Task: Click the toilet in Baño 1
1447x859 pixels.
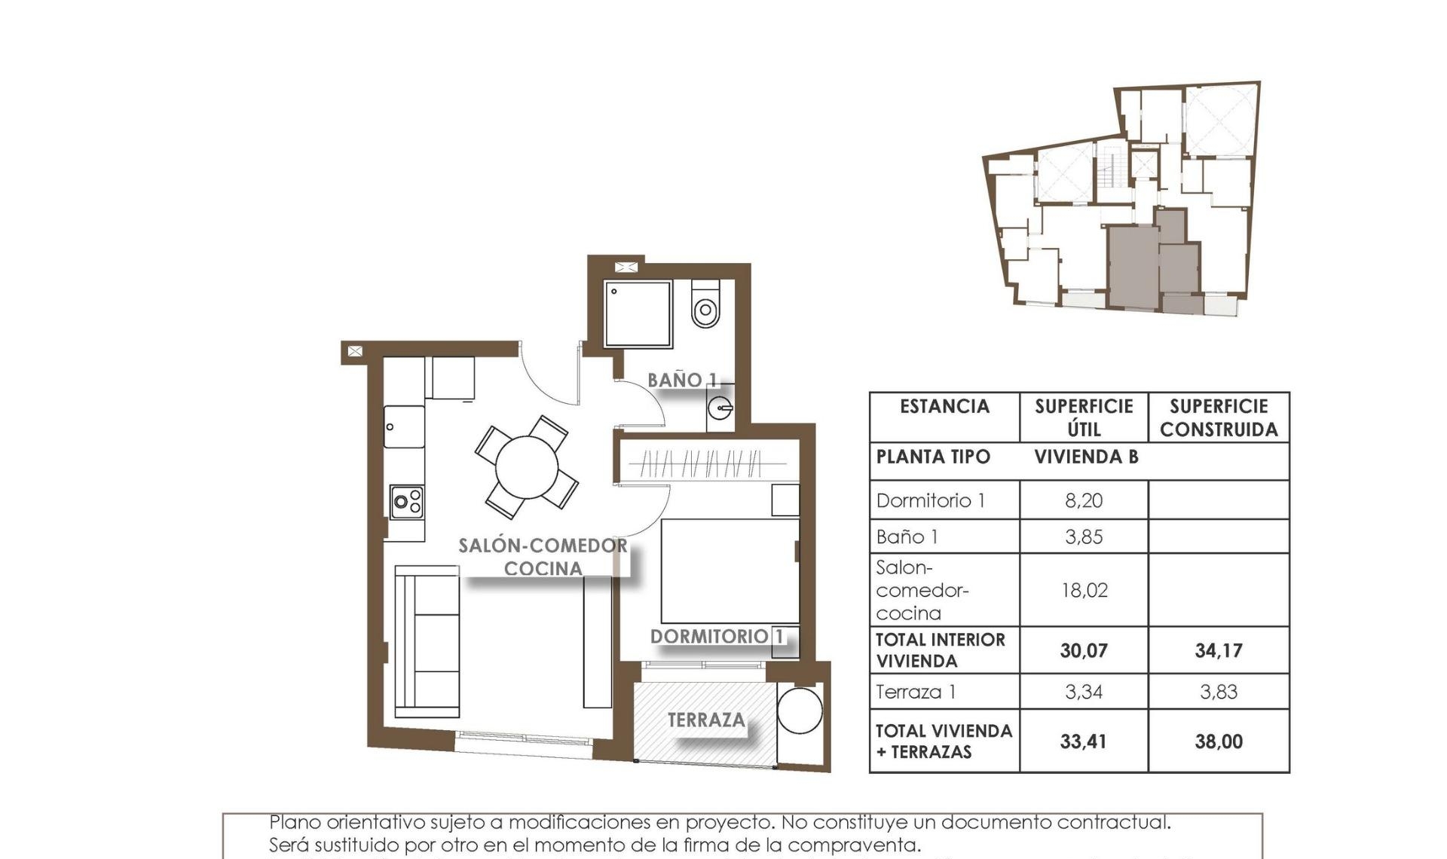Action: (x=705, y=304)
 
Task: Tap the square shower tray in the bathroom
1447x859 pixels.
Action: (x=638, y=314)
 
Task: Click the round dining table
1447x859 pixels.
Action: (x=527, y=467)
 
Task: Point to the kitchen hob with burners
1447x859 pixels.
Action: (x=407, y=502)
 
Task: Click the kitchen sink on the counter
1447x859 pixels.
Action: (x=405, y=426)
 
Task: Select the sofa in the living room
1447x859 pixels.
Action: (x=427, y=641)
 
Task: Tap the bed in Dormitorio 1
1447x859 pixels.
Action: (x=730, y=570)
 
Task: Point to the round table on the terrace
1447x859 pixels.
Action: (x=800, y=710)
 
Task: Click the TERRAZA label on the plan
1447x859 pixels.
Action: (x=706, y=720)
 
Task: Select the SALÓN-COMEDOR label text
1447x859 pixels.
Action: (x=543, y=546)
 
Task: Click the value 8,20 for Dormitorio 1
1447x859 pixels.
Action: (x=1084, y=500)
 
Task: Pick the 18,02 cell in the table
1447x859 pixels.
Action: (x=1084, y=590)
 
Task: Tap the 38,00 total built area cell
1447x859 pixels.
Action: (x=1218, y=741)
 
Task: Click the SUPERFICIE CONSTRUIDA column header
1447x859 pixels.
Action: (x=1218, y=417)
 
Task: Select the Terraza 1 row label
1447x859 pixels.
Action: (x=916, y=692)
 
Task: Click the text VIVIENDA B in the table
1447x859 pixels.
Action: (x=1085, y=457)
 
